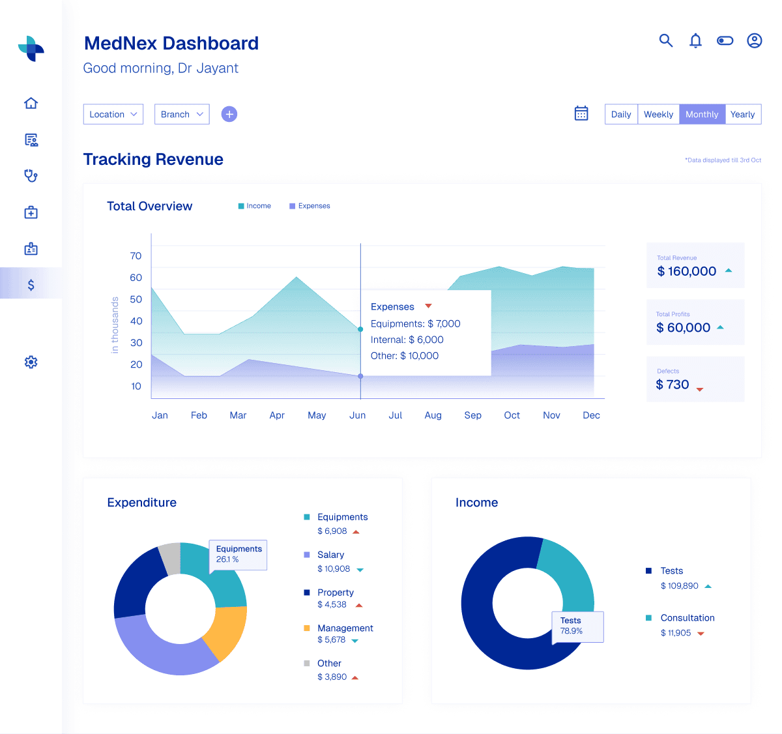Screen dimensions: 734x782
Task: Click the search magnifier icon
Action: coord(665,40)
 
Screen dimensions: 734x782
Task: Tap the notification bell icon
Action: coord(695,40)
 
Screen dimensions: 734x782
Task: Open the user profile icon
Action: coord(754,40)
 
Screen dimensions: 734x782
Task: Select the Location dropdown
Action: coord(113,114)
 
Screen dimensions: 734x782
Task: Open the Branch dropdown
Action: coord(182,114)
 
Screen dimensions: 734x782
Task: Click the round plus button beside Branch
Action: coord(229,114)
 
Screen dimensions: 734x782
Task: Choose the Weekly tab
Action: coord(658,114)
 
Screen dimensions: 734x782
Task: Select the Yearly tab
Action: coord(742,114)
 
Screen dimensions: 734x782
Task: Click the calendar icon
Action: coord(581,113)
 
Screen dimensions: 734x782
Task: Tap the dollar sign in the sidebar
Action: coord(31,285)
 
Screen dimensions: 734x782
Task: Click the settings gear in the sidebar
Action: coord(31,362)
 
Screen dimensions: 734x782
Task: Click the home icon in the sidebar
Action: coord(31,103)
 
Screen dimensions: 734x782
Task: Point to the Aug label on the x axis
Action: coord(433,415)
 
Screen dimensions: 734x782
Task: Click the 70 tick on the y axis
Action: coord(136,256)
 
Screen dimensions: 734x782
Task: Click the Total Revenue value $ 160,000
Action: coord(686,271)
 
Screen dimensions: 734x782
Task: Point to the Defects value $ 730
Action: coord(672,385)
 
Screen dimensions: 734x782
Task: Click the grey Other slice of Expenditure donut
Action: coord(170,558)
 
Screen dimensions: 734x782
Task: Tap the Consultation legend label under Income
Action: coord(688,618)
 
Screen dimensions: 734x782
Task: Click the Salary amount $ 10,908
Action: coord(334,569)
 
